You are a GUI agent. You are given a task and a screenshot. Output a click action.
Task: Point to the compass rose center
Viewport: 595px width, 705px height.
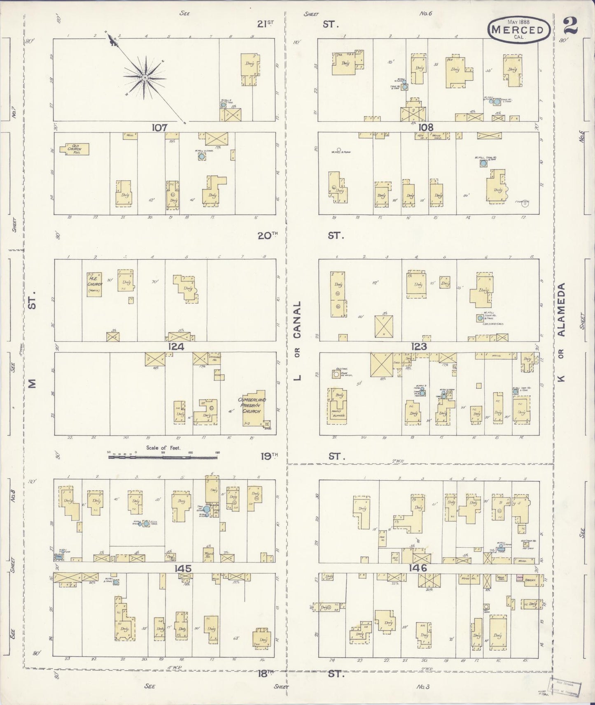coord(145,77)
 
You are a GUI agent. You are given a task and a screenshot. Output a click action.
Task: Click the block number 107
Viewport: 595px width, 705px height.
coord(159,128)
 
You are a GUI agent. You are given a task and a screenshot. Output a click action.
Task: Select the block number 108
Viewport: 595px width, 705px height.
coord(425,128)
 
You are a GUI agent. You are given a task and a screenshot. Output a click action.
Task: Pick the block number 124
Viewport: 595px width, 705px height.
coord(176,347)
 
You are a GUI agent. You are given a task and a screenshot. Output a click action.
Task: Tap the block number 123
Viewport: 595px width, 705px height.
coord(418,347)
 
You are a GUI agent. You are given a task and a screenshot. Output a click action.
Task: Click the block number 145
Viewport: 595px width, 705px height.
coord(183,568)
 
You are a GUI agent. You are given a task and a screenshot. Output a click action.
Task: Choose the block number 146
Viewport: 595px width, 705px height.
coord(418,568)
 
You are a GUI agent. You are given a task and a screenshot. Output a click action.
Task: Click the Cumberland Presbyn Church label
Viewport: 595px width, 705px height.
coord(252,405)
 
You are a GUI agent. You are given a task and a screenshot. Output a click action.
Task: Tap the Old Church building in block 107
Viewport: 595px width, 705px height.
coord(75,149)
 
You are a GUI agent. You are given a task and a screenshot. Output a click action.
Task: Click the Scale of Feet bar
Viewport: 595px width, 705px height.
coord(163,456)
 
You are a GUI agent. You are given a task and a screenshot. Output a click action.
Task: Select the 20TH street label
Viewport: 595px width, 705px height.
coord(268,235)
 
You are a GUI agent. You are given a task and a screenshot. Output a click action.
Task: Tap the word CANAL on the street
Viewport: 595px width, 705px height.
coord(297,319)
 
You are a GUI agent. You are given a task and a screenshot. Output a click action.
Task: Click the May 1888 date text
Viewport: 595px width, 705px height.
coord(518,21)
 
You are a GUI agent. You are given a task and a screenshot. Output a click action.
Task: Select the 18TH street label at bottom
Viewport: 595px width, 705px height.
coord(266,673)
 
